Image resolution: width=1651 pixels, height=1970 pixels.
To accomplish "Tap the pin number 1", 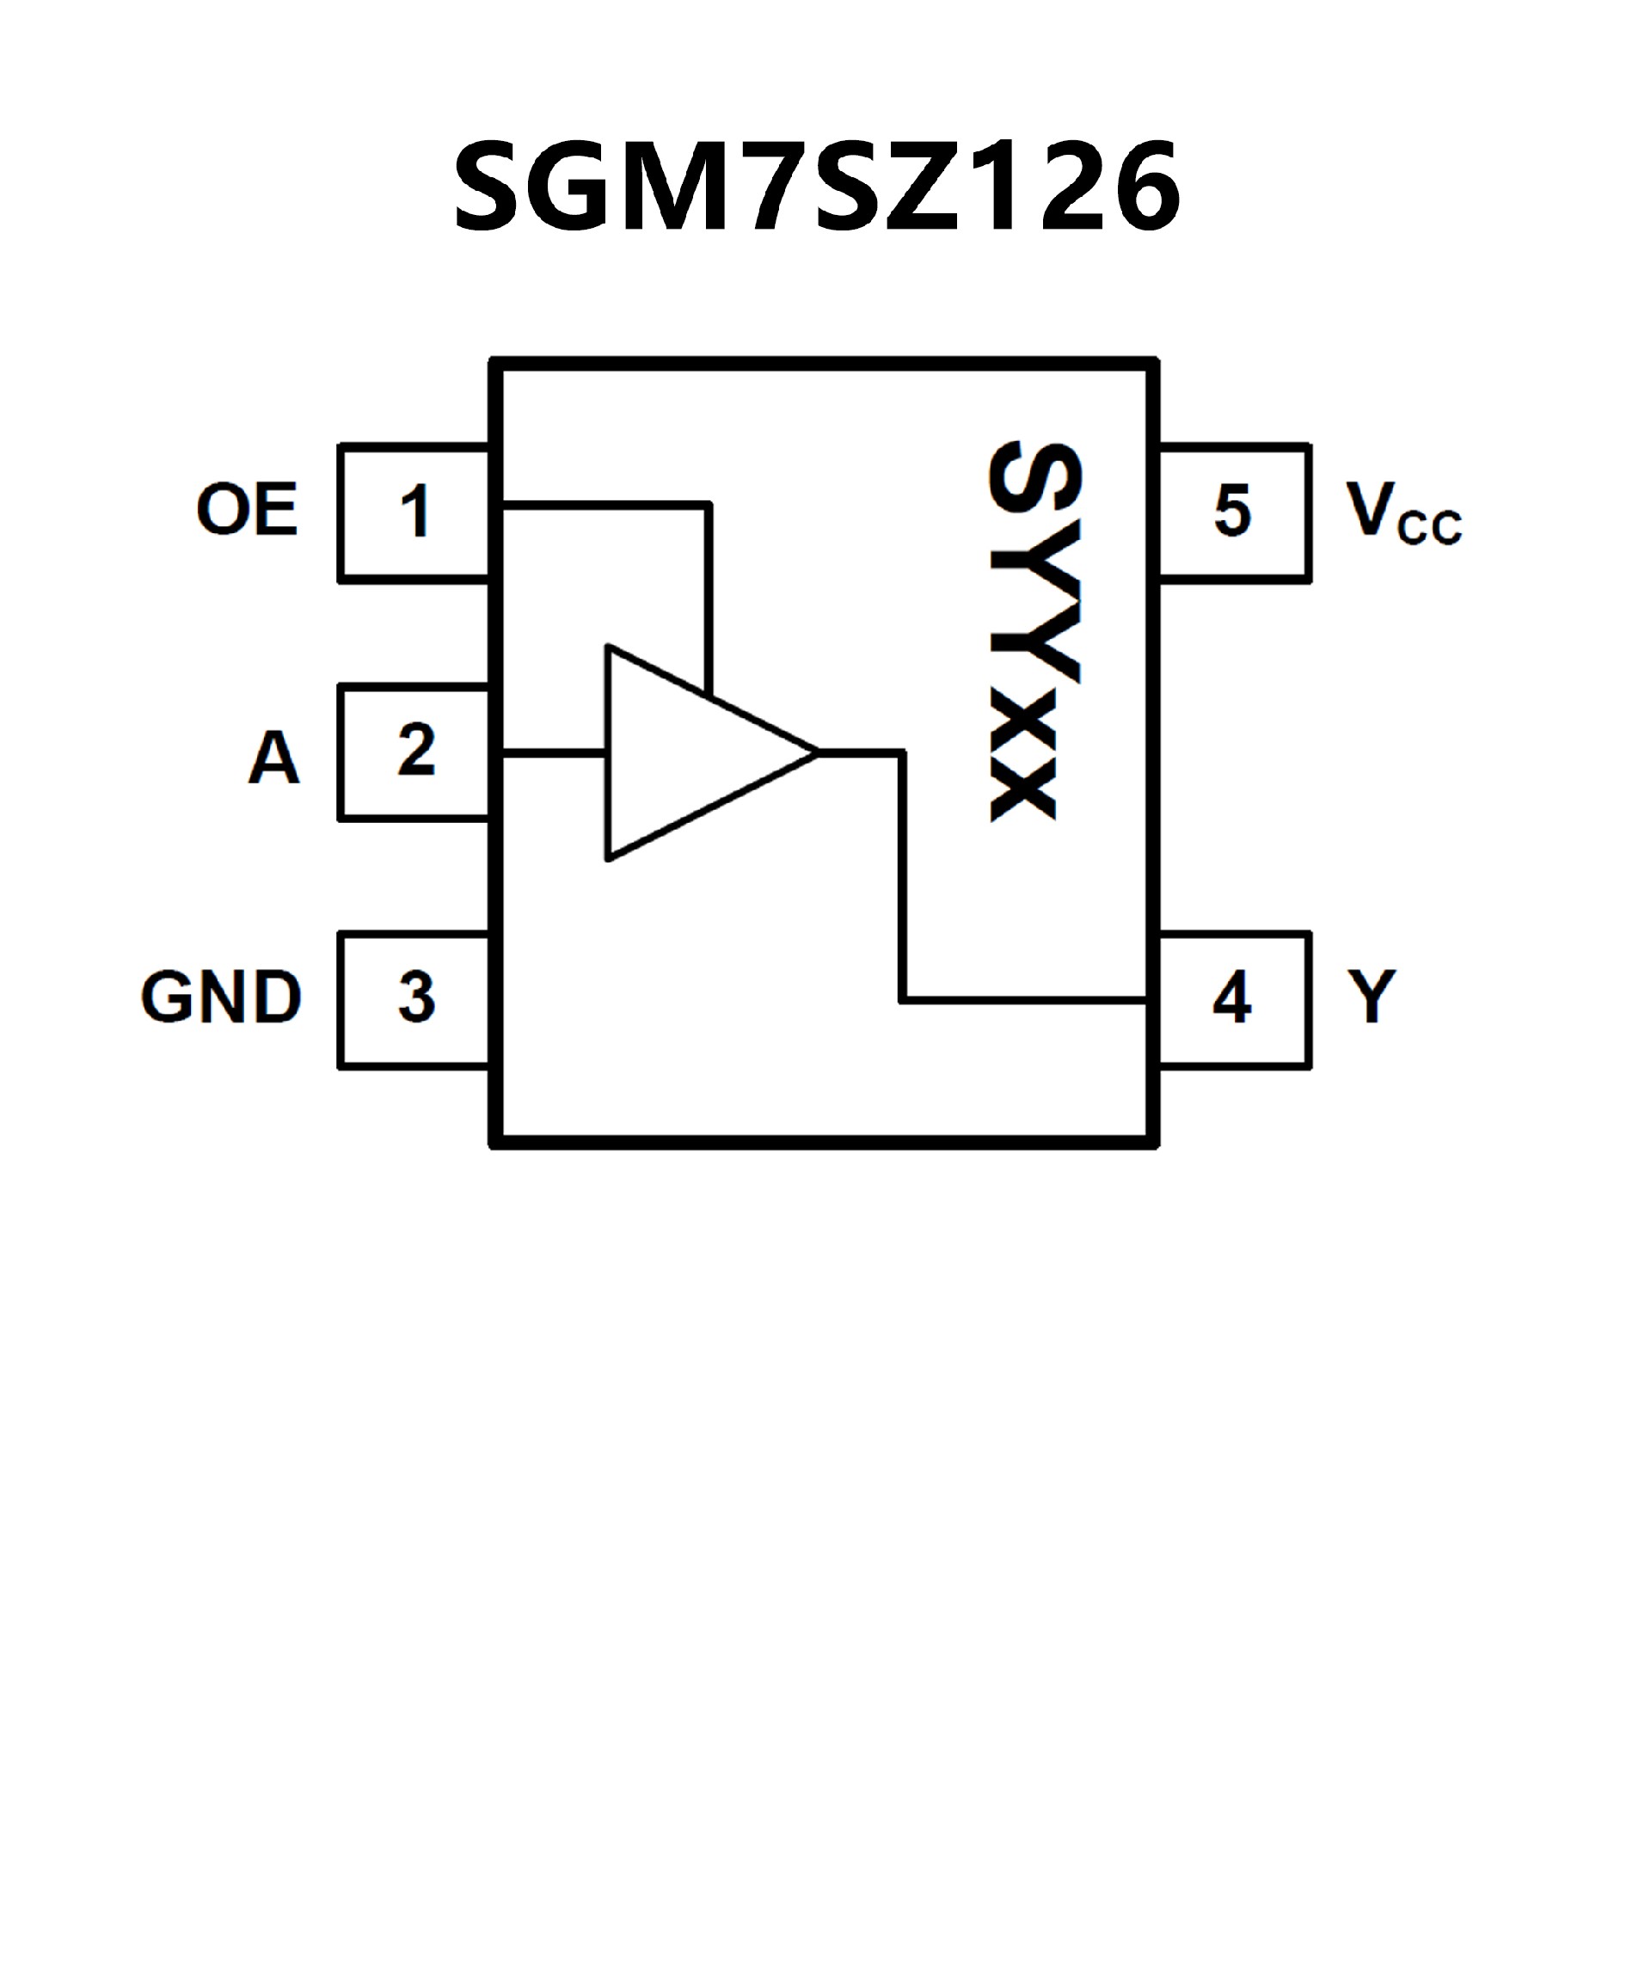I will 414,512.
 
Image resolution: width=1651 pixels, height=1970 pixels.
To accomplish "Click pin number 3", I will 416,997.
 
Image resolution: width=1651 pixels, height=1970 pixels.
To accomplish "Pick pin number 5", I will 1232,512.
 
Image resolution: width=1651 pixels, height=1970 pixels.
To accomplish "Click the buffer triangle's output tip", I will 814,752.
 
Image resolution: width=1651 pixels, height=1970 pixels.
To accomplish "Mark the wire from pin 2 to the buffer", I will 554,752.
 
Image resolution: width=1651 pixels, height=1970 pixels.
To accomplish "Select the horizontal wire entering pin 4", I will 1022,1000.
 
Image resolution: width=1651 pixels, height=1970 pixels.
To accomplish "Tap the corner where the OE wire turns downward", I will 709,506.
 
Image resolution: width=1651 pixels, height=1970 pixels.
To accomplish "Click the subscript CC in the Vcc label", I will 1428,528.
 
